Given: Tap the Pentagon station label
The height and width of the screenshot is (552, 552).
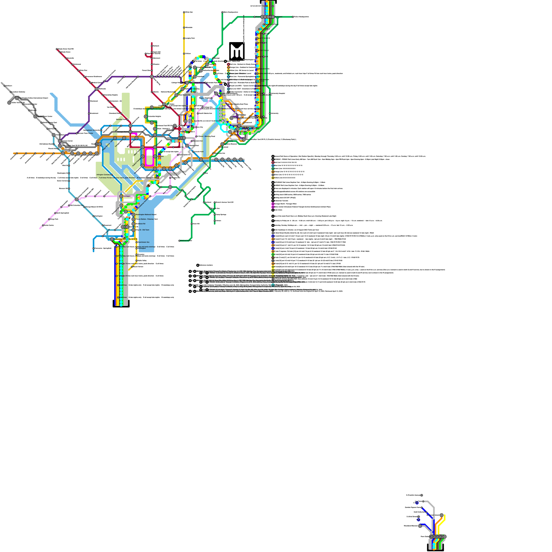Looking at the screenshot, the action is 127,196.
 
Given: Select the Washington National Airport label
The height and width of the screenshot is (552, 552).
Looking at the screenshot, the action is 146,215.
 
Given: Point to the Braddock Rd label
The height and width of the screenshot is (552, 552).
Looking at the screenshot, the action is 140,224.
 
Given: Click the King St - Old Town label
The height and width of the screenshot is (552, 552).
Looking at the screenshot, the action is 142,230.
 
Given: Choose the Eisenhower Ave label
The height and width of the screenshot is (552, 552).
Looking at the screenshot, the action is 144,242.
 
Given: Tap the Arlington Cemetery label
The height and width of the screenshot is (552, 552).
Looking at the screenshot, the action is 103,175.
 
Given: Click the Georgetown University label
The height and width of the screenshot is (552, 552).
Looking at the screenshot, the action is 92,130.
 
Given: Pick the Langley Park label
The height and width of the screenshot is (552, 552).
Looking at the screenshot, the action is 190,38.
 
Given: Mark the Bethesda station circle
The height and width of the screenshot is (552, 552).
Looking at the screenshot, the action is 97,89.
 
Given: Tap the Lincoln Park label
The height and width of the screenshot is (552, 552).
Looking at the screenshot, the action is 199,151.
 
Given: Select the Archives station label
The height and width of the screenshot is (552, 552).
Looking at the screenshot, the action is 160,156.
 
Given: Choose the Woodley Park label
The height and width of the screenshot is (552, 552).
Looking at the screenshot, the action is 121,119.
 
